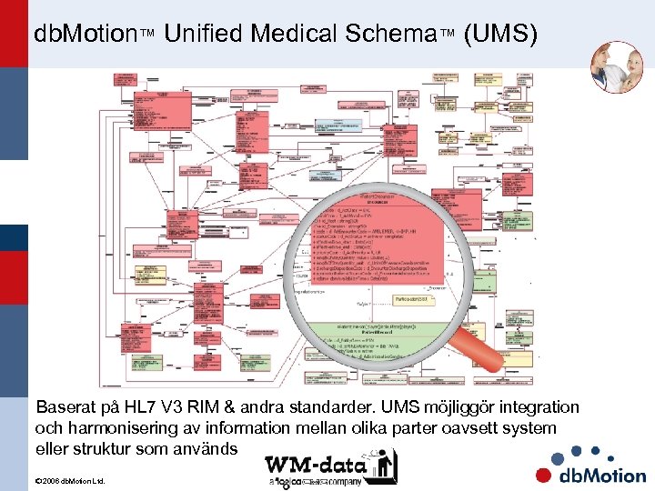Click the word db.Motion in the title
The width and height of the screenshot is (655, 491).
[85, 35]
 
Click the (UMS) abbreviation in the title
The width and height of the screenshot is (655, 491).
[499, 35]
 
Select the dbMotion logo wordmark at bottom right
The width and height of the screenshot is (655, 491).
[601, 474]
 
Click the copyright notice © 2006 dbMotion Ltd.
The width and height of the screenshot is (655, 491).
[69, 480]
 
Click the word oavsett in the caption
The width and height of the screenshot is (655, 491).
[447, 427]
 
